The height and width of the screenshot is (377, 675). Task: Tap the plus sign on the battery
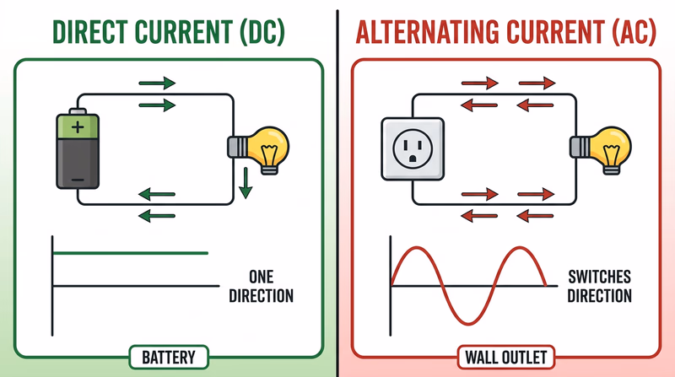[78, 128]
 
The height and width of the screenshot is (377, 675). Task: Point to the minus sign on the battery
[78, 179]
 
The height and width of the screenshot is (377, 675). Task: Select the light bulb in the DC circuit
[258, 148]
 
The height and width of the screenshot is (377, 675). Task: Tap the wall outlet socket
[411, 148]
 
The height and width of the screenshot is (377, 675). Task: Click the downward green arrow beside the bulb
[245, 183]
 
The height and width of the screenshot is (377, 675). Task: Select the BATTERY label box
[168, 357]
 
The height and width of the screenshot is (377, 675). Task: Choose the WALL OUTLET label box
[504, 357]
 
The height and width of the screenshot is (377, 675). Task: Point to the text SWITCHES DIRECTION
[599, 287]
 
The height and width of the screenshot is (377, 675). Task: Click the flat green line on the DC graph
[131, 252]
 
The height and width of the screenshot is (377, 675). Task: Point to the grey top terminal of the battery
[78, 110]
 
